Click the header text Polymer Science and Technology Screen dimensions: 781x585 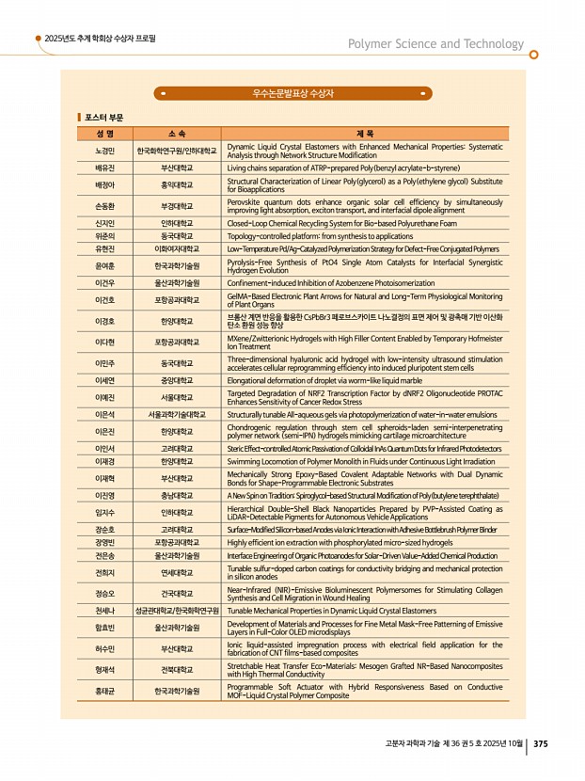tap(435, 43)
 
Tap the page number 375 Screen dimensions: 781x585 tap(540, 744)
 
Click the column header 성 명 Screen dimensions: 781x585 tap(104, 134)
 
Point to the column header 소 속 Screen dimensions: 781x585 tap(177, 134)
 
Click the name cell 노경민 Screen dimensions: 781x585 tap(104, 151)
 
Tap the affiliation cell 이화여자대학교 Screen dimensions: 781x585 tap(177, 248)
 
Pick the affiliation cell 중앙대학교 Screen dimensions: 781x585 tap(177, 382)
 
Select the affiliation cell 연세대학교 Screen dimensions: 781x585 tap(177, 571)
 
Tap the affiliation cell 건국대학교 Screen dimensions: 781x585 tap(177, 594)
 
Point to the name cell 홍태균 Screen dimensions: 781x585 tap(104, 691)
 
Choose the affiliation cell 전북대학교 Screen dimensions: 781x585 tap(177, 669)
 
